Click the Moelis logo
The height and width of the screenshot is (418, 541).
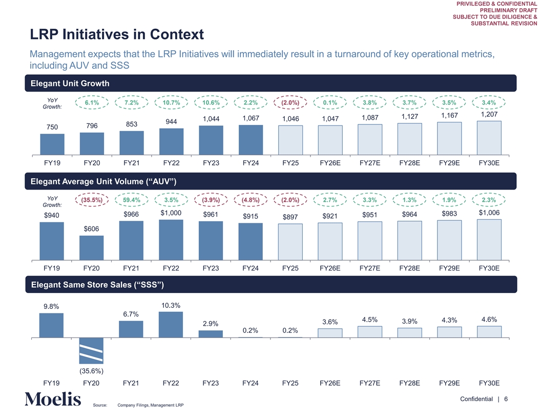(x=53, y=399)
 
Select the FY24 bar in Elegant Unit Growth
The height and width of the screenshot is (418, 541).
(x=251, y=139)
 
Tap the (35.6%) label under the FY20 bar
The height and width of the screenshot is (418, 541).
(x=91, y=371)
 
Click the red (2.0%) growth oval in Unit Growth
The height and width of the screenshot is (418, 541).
(x=290, y=102)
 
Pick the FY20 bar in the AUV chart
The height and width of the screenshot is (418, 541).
(x=91, y=247)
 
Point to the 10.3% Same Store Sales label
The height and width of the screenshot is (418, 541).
(x=171, y=306)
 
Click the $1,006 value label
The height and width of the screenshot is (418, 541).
(x=489, y=213)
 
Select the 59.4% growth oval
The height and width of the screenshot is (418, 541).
(x=131, y=200)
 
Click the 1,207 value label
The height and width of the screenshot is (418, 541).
(x=489, y=115)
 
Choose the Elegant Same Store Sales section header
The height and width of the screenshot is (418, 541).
(x=97, y=284)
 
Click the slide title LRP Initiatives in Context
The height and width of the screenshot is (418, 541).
(x=117, y=35)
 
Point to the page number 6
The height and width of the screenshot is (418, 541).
(x=506, y=399)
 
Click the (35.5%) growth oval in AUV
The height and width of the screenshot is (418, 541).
(x=91, y=200)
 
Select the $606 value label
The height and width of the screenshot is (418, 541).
(x=91, y=228)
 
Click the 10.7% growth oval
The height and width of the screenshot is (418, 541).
(x=171, y=102)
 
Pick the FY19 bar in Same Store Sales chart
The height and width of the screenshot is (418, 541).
(x=51, y=325)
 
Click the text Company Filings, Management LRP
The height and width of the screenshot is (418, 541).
(x=150, y=406)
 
